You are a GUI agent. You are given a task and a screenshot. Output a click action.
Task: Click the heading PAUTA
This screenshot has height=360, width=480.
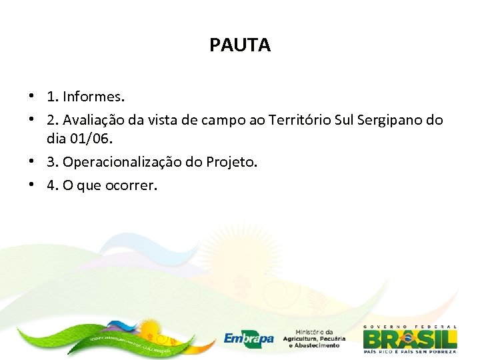point(239,45)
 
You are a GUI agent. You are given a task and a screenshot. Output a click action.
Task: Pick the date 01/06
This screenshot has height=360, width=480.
point(93,139)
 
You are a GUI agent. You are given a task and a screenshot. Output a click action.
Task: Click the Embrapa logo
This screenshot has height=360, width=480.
point(249,338)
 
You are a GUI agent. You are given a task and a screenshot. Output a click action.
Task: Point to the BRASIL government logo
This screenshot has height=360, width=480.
point(410,338)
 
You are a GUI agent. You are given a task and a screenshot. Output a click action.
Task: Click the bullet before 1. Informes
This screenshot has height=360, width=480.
point(31,97)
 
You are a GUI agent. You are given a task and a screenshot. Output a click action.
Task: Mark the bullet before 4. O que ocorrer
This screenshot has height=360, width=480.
point(31,185)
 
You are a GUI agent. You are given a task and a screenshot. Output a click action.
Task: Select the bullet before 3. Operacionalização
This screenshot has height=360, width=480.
point(31,161)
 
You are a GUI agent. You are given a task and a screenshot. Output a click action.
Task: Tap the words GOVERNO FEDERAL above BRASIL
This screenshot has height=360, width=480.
point(410,327)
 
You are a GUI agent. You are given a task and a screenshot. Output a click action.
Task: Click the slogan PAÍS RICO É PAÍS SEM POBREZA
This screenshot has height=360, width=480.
point(410,351)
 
